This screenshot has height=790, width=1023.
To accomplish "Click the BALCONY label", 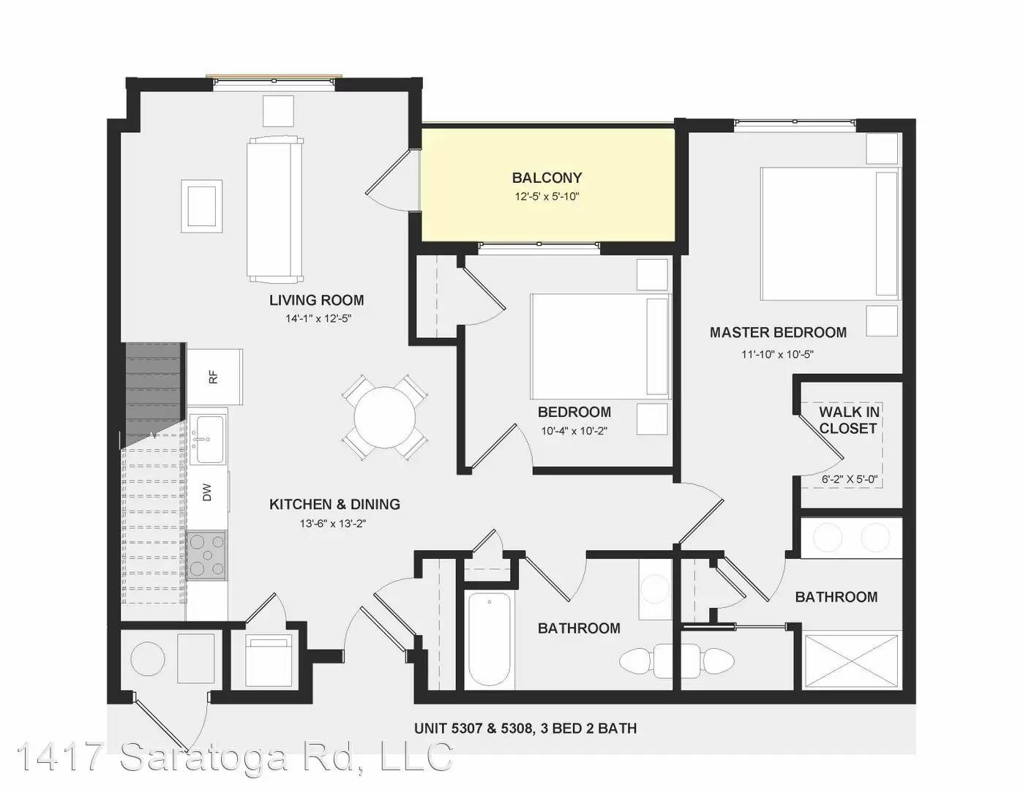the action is pos(547,178).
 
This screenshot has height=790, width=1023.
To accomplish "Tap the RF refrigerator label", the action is pos(214,377).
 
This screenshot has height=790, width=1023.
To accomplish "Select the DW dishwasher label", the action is pos(207,492).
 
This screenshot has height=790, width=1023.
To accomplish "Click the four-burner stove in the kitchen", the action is pos(206,555).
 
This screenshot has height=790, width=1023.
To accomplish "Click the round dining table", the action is pos(385,417).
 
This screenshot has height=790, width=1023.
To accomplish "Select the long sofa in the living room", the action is pos(274,209).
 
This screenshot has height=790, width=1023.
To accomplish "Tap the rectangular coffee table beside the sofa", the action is pos(202,206).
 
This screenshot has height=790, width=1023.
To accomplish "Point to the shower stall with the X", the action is pos(851,662).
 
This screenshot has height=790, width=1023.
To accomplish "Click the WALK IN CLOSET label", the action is pos(849,420).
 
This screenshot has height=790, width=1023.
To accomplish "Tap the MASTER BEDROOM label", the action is pos(778,333).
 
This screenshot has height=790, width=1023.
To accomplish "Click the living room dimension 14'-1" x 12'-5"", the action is pos(319,318).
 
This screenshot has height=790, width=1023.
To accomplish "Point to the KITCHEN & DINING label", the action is pos(334,505).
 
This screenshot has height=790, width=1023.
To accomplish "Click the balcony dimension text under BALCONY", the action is pos(547,196).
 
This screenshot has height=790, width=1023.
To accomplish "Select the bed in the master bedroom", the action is pos(830,233).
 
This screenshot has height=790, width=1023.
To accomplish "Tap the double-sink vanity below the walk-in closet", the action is pos(851,538).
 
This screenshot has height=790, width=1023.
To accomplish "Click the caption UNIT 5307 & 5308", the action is pos(474,729).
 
